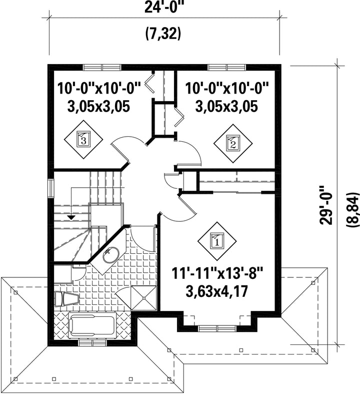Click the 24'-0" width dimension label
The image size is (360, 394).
(x=162, y=7)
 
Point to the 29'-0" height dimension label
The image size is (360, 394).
(x=325, y=205)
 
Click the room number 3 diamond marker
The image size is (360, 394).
(x=83, y=139)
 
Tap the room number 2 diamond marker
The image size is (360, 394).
(x=233, y=143)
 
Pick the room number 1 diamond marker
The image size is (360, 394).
(x=217, y=241)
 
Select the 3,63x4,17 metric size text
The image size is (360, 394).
(x=217, y=291)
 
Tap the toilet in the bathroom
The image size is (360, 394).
(x=66, y=299)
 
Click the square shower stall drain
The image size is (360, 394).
(x=144, y=298)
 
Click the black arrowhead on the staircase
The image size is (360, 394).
(x=71, y=217)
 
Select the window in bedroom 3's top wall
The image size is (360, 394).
(x=102, y=68)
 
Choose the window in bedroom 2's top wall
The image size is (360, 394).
(x=227, y=68)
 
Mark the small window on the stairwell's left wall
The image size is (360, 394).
(x=51, y=188)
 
